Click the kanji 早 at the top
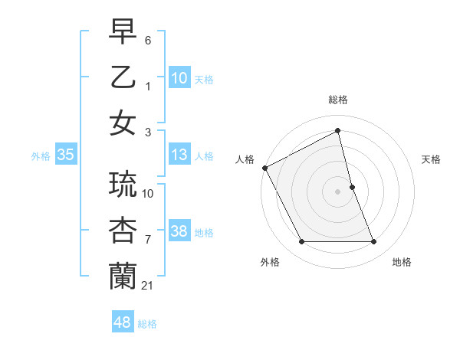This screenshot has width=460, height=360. (123, 33)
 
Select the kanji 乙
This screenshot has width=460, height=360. (123, 78)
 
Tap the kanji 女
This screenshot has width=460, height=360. (123, 123)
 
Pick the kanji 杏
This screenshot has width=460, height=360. (123, 231)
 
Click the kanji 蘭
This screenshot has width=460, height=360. (123, 277)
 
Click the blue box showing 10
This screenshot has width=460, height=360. (179, 77)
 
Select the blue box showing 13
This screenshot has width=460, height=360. (179, 155)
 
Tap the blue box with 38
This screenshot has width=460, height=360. (179, 232)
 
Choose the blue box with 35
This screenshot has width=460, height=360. (66, 155)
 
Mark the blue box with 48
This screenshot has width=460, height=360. (123, 322)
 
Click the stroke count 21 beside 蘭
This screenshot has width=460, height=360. (148, 286)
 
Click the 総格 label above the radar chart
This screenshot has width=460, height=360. (338, 100)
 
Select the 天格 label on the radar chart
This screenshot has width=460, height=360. (432, 159)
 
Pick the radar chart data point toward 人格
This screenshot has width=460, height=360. (265, 168)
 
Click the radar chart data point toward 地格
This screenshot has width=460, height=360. (374, 242)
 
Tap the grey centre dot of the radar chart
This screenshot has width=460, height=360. (338, 191)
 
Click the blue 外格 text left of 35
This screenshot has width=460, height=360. (41, 156)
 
